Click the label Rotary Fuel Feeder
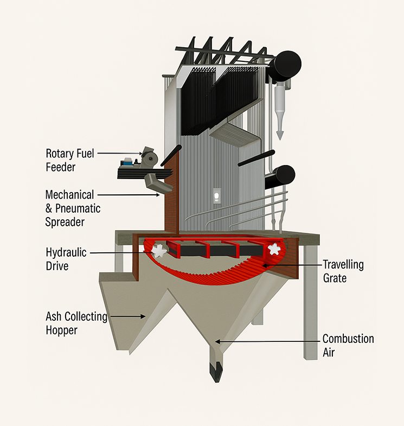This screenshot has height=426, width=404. (x=70, y=160)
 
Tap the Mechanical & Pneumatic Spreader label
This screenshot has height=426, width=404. (x=73, y=208)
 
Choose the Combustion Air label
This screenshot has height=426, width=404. (x=348, y=346)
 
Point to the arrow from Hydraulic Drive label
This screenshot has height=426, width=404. (x=121, y=252)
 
